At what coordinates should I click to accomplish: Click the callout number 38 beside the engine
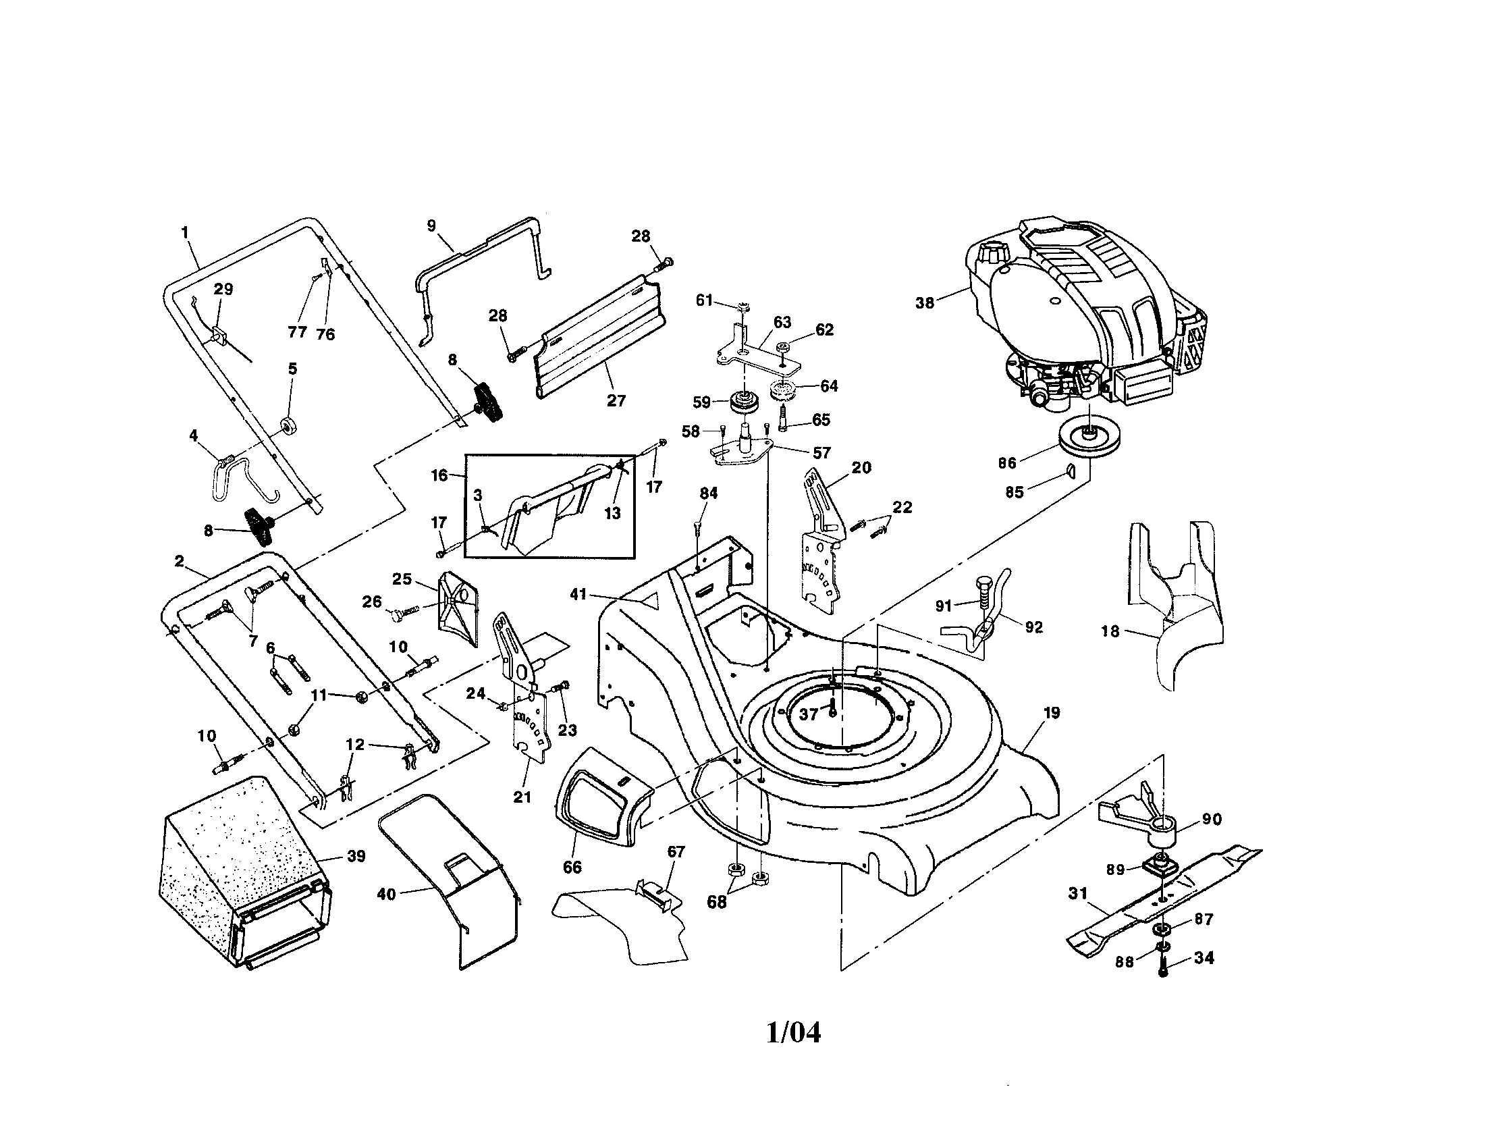pos(924,303)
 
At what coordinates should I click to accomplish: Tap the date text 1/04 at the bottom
pos(793,1033)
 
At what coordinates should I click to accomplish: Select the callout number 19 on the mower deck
pos(1051,713)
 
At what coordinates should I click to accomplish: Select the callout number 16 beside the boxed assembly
pos(439,475)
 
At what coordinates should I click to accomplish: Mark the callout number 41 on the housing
pos(577,595)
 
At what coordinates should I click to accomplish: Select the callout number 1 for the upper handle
pos(184,232)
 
